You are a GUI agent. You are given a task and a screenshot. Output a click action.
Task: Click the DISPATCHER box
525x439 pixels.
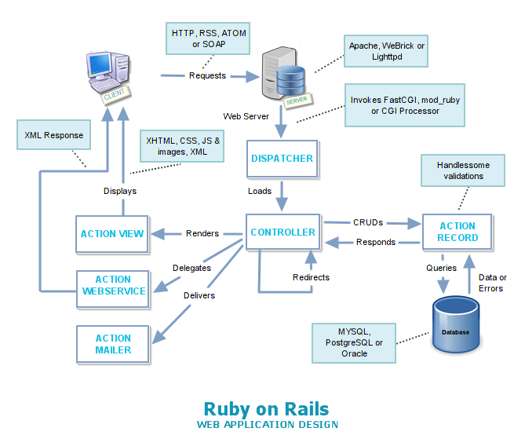pos(282,159)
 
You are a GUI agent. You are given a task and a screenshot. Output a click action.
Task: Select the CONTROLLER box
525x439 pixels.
pos(283,232)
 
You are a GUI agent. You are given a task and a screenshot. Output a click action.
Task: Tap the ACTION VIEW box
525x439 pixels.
pos(112,234)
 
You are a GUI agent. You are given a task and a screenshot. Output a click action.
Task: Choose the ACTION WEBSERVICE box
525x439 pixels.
pos(113,286)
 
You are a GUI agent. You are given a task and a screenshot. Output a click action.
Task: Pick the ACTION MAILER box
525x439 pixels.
pos(113,344)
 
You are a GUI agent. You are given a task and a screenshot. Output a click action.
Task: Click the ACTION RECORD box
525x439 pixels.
pos(458,232)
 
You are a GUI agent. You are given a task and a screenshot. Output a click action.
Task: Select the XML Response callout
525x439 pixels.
pos(53,136)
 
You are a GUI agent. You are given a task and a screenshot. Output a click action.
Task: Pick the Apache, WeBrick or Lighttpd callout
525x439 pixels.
pos(387,53)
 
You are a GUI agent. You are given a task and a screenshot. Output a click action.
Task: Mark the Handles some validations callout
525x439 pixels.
pos(461,171)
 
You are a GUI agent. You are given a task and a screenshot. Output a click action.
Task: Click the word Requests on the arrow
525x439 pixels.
pos(207,76)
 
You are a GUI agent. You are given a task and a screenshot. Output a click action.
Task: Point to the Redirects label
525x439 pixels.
pos(311,277)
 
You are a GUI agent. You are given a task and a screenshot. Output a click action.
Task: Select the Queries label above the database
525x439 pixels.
pos(441,268)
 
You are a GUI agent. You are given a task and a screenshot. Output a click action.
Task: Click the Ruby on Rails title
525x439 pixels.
pos(266,408)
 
